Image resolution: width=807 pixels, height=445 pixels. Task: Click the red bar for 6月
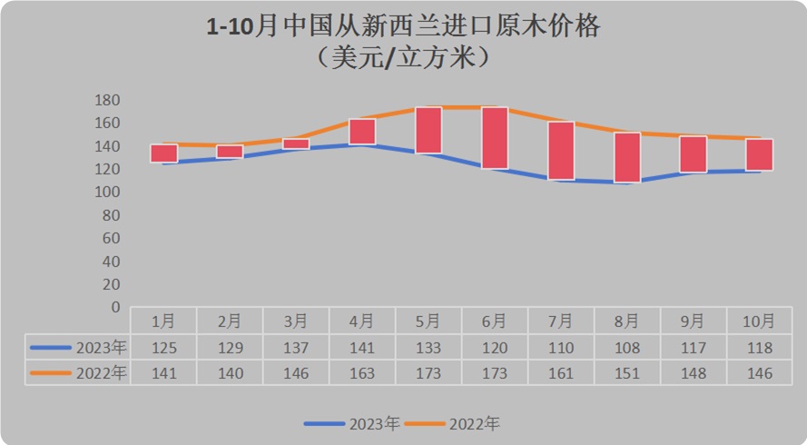click(x=495, y=138)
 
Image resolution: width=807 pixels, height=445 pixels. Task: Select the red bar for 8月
click(x=627, y=158)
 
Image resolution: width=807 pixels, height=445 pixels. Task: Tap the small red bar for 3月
click(x=296, y=143)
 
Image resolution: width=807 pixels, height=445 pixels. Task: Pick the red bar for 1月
click(x=164, y=153)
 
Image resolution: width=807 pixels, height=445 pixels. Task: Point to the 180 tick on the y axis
click(x=108, y=100)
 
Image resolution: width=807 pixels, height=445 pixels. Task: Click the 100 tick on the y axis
click(x=108, y=192)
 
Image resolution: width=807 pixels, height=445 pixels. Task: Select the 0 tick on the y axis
click(x=115, y=307)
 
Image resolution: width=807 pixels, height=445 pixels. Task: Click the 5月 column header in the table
click(x=428, y=321)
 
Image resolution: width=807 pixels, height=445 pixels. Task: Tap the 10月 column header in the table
click(x=759, y=321)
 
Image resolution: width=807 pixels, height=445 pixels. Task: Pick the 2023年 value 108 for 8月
click(x=627, y=347)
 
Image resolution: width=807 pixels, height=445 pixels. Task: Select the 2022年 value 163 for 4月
click(x=362, y=372)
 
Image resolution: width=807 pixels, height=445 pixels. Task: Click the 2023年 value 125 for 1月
click(x=164, y=347)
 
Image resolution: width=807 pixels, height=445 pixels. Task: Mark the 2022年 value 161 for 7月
click(x=561, y=372)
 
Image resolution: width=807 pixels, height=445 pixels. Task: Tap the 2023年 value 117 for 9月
click(x=693, y=347)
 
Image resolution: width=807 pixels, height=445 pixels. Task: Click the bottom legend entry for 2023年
click(x=351, y=423)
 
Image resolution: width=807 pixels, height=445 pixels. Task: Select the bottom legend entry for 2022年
click(x=451, y=423)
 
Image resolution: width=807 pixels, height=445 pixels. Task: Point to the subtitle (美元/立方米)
click(x=404, y=58)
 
